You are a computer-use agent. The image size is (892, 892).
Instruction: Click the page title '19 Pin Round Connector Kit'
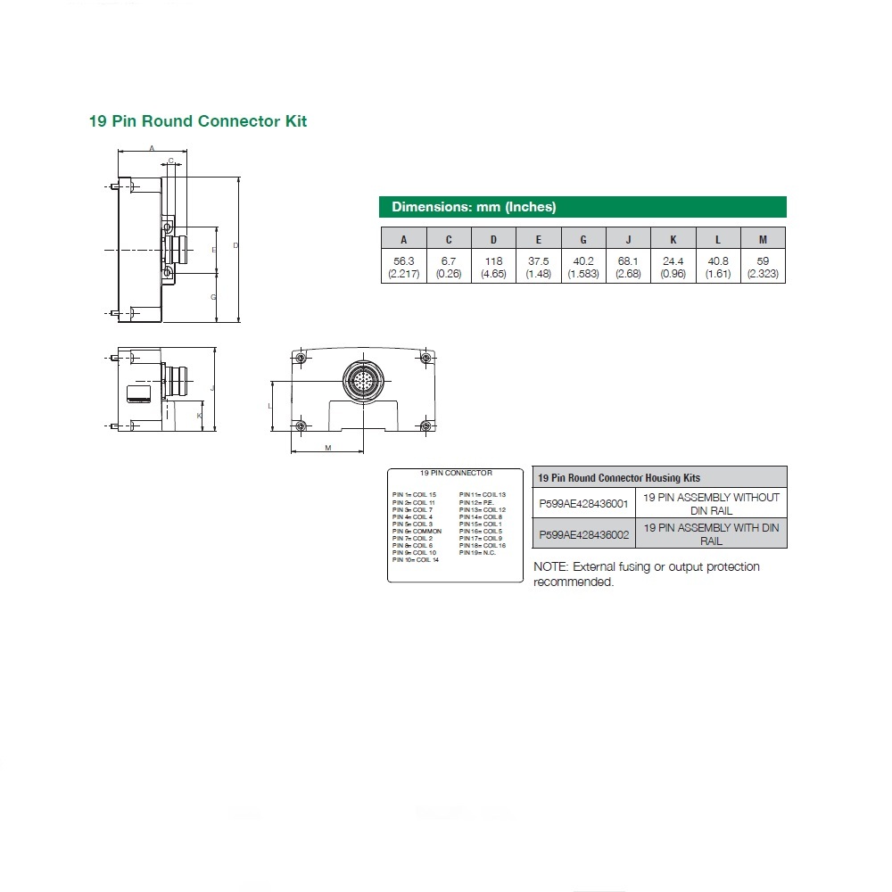197,120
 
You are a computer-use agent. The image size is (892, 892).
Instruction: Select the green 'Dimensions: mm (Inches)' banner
582,207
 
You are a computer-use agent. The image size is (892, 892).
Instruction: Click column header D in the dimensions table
493,239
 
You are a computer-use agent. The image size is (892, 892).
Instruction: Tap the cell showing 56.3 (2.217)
403,267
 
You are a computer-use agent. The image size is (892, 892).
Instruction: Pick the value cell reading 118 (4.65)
493,267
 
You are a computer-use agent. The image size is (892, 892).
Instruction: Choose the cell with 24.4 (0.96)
673,267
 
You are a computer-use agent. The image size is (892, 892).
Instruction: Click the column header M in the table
763,239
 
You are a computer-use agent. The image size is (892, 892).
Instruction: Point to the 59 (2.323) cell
763,267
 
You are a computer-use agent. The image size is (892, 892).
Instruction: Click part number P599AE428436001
583,503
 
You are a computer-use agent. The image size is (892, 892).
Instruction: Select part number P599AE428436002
583,533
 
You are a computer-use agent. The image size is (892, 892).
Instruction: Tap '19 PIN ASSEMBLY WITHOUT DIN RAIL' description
711,503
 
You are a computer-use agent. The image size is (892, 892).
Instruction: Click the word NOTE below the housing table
550,567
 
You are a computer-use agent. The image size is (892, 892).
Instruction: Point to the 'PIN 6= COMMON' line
417,531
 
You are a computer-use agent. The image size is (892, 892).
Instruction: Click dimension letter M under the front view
327,448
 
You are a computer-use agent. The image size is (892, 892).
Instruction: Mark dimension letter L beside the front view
269,405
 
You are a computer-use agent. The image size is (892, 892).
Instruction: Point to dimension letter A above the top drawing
152,147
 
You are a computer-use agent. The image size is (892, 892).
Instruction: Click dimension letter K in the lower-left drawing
199,416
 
